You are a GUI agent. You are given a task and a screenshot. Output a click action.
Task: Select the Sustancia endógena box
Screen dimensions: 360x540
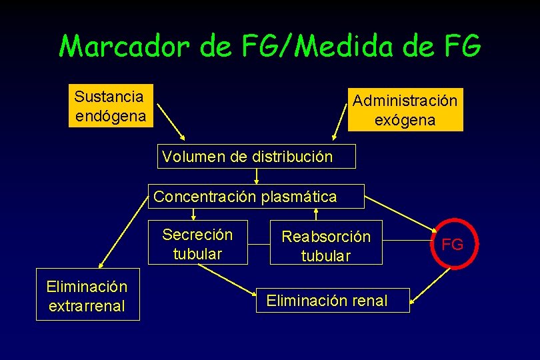click(x=110, y=106)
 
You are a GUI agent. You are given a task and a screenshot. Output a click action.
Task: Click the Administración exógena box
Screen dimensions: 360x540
click(x=405, y=110)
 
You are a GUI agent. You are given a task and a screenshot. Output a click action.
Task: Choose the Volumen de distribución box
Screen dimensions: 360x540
click(x=257, y=157)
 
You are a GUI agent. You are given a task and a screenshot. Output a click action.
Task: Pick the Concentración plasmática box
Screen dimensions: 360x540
click(x=256, y=197)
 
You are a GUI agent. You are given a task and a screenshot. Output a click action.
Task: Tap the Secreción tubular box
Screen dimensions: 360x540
click(x=197, y=244)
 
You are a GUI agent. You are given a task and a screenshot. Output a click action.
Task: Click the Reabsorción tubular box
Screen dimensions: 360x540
click(x=326, y=246)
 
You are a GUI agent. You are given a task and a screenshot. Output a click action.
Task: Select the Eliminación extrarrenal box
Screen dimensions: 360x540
click(x=87, y=296)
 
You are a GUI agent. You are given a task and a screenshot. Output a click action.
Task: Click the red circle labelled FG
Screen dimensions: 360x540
click(x=453, y=245)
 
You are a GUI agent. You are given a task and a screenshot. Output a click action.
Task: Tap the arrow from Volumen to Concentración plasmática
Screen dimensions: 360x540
click(x=257, y=176)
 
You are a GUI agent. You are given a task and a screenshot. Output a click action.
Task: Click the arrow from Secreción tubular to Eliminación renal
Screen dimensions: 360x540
click(x=227, y=278)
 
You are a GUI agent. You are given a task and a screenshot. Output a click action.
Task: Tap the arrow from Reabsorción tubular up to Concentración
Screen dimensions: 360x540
click(x=317, y=213)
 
